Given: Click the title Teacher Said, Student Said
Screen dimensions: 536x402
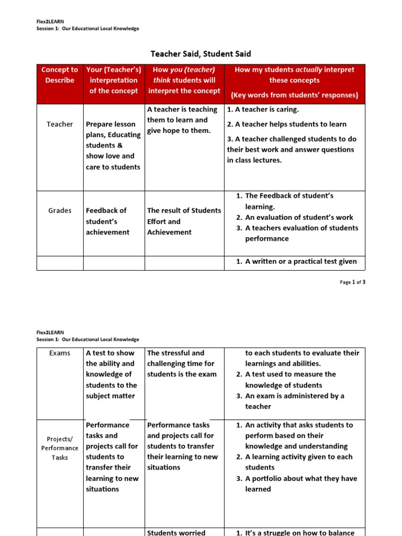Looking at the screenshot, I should [200, 53].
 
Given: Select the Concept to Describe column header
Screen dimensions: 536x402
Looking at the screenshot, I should [60, 75].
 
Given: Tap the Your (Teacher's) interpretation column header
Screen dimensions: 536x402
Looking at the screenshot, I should [114, 80].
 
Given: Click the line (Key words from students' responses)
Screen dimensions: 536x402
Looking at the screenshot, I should [294, 95].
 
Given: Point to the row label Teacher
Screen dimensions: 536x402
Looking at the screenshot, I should [60, 124].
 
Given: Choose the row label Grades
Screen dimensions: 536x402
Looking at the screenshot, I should [60, 210].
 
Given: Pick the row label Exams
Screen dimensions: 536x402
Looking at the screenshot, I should [60, 353].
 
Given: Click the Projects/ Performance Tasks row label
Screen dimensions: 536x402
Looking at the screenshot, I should [60, 448].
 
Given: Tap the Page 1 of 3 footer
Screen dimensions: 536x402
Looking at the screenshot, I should [352, 282].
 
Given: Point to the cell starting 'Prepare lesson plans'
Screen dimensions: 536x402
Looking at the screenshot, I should [113, 146].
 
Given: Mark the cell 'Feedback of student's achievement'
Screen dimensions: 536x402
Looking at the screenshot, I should [108, 221].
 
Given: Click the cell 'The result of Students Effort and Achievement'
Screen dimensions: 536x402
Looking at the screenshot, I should [184, 221].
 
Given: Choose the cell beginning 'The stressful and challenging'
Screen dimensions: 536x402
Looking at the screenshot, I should [181, 363].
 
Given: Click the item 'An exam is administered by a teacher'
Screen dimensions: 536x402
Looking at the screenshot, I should [294, 401].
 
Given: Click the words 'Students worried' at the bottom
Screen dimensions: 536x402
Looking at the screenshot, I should [176, 532].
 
